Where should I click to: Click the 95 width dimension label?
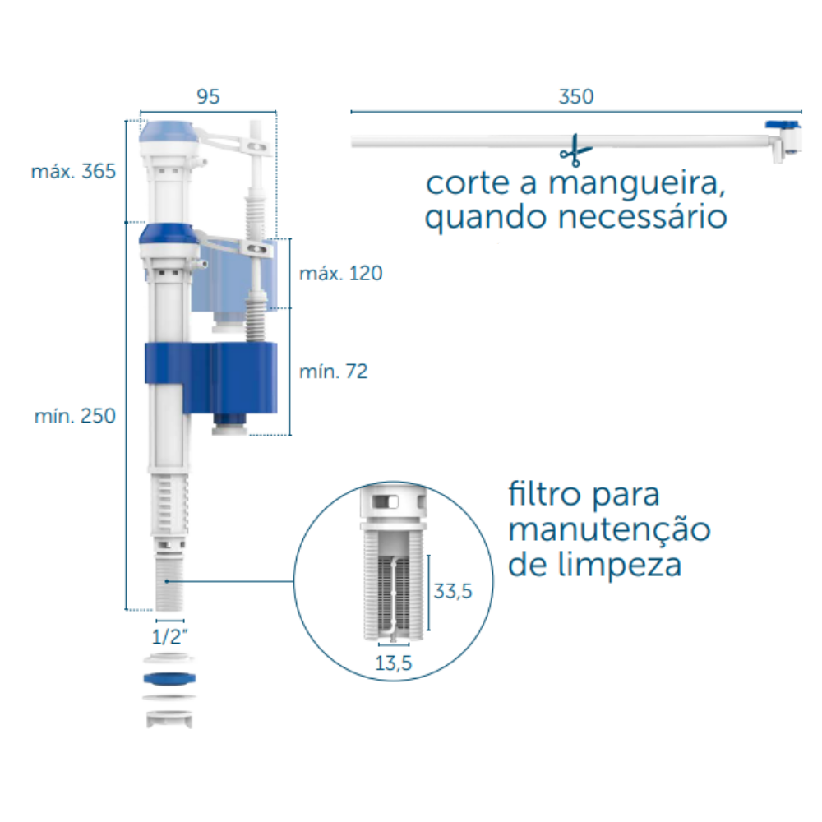coord(208,96)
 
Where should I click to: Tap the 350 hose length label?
coord(575,96)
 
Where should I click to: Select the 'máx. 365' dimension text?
coord(73,172)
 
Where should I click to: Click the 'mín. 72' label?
coord(333,372)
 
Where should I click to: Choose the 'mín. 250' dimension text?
coord(75,416)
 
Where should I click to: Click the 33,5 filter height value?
coord(453,591)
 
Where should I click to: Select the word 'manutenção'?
coord(609,530)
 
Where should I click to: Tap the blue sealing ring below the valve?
coord(169,678)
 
